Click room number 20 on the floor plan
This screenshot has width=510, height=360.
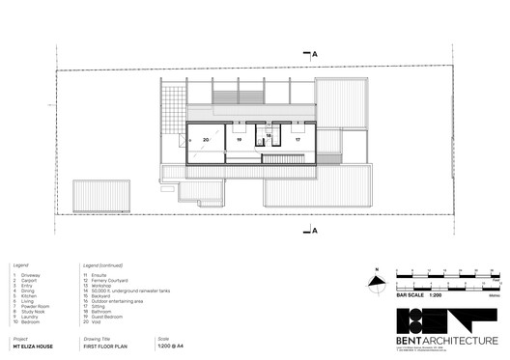pos(206,141)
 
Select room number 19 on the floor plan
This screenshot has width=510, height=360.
pos(238,141)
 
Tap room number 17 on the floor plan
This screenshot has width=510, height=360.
pos(297,141)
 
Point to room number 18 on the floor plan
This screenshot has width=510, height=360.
pos(269,135)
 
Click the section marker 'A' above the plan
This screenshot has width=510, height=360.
pos(315,55)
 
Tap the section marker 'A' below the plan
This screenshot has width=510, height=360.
pos(315,230)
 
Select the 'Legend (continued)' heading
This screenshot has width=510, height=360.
pos(104,263)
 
